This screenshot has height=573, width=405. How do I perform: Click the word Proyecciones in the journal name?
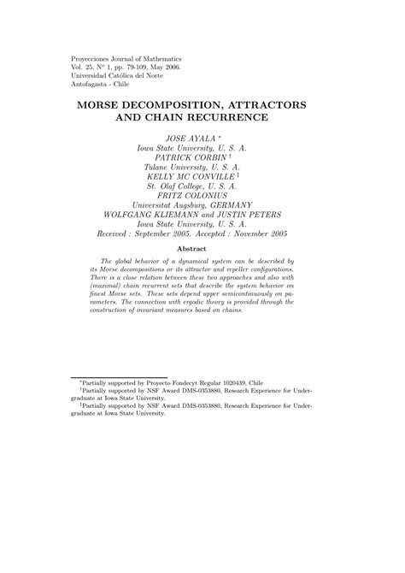92,57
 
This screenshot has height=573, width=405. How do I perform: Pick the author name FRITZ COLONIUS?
202,195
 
